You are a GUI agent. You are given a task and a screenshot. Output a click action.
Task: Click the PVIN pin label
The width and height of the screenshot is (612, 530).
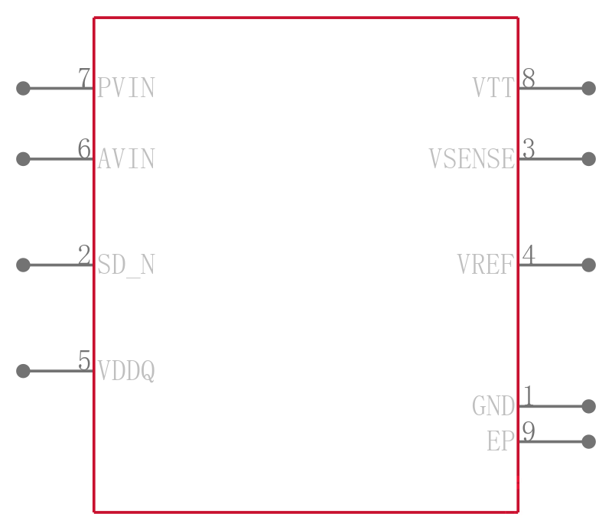[x=126, y=88]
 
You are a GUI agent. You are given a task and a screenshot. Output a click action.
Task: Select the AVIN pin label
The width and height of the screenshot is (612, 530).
[x=126, y=159]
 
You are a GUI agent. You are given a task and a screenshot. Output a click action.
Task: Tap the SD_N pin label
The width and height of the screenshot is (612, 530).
[x=126, y=265]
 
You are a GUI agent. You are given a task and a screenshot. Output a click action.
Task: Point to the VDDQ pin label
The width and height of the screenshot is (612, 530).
[x=126, y=371]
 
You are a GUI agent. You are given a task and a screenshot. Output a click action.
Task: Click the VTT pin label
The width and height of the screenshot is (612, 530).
[x=493, y=88]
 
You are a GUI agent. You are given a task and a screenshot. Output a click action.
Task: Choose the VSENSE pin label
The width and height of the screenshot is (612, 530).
[x=472, y=159]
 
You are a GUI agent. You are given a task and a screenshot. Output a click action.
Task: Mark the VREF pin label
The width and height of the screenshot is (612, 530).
[x=486, y=265]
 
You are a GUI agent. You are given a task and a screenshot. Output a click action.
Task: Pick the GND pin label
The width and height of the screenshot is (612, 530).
[x=493, y=406]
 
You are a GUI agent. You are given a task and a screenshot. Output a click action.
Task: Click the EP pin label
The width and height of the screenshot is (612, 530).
[x=501, y=441]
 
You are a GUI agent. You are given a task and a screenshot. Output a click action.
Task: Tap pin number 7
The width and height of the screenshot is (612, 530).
[x=84, y=78]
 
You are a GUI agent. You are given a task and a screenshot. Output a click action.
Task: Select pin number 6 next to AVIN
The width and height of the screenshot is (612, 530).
[x=84, y=148]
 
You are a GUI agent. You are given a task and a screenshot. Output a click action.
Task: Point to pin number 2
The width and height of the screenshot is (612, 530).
[x=84, y=255]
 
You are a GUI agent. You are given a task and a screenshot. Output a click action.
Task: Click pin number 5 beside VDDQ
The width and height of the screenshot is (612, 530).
[x=84, y=360]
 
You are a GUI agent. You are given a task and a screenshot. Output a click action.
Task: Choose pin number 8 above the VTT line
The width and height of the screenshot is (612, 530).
[x=529, y=78]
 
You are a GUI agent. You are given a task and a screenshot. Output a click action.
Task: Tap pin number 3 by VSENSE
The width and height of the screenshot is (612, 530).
[x=529, y=148]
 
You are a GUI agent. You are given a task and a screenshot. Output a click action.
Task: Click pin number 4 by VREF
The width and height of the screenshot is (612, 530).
[x=529, y=255]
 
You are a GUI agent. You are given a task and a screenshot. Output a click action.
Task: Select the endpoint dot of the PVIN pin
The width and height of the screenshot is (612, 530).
[x=23, y=88]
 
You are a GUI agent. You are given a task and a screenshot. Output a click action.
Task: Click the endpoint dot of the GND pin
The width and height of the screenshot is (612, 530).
[x=588, y=406]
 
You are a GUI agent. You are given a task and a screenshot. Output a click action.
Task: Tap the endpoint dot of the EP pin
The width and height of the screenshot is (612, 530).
[x=588, y=442]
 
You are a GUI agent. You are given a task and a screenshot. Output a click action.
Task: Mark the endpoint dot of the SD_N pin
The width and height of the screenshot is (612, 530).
[x=23, y=265]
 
